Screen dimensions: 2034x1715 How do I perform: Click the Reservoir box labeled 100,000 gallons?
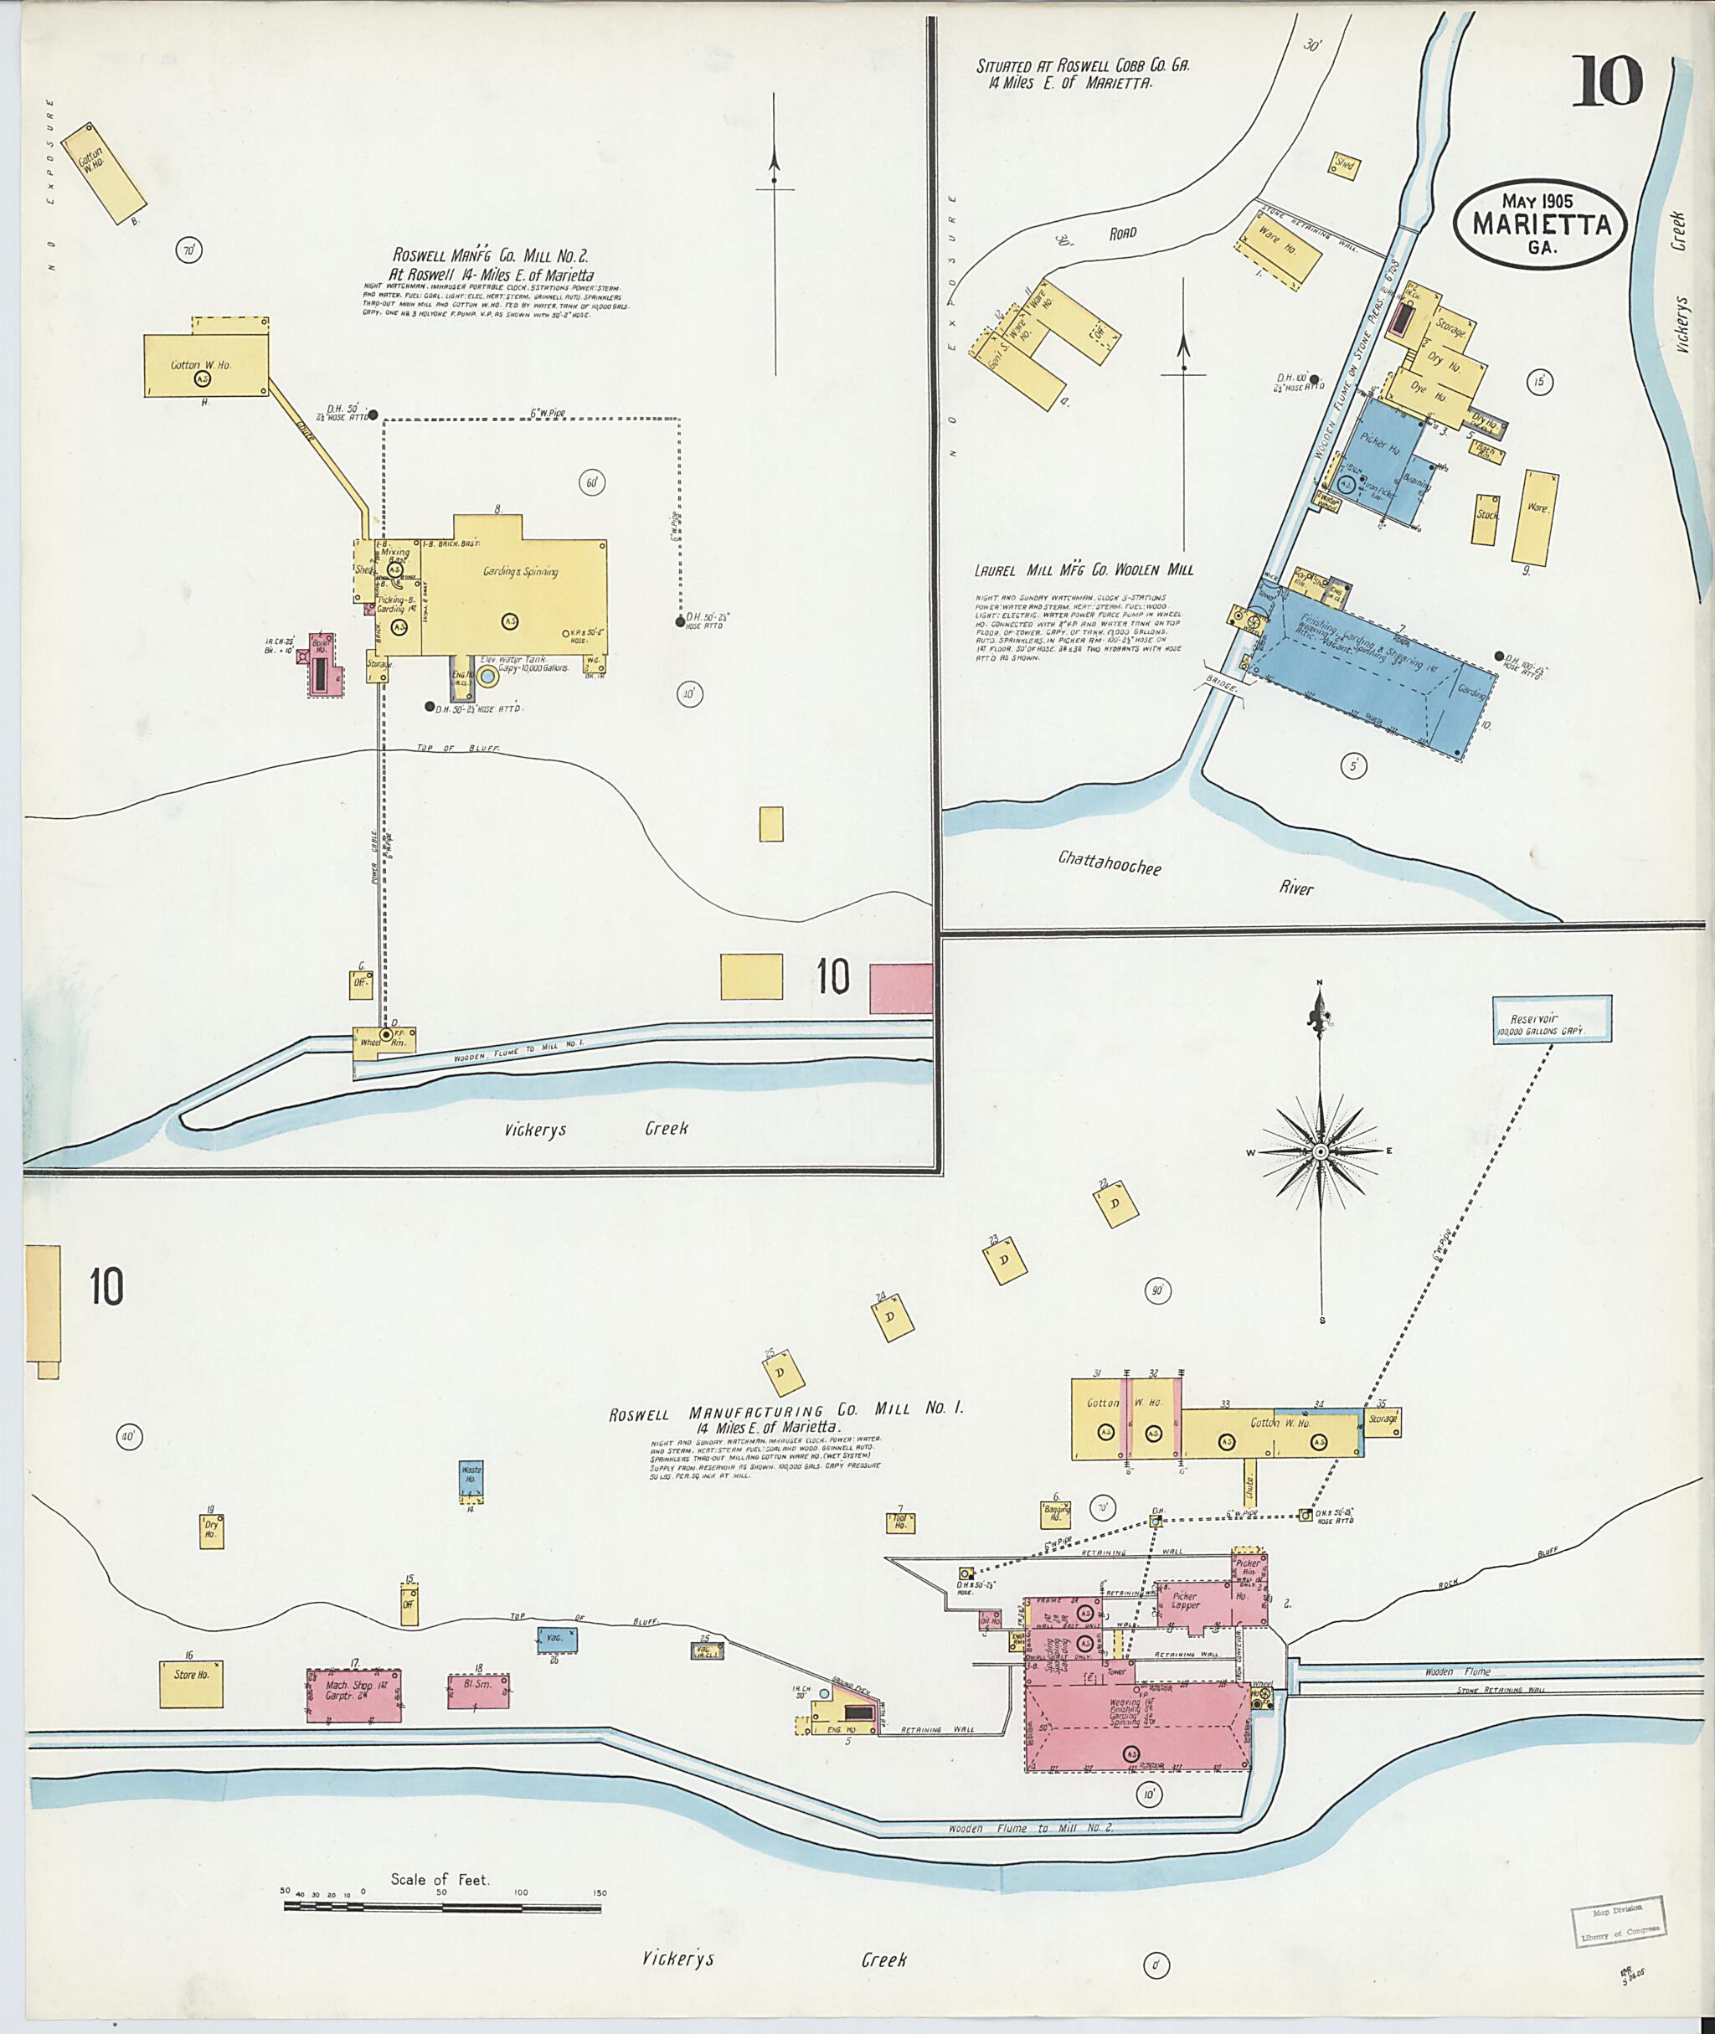point(1552,1020)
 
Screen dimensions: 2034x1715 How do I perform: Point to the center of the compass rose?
point(1321,1152)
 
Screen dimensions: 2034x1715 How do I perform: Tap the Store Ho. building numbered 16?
point(192,1683)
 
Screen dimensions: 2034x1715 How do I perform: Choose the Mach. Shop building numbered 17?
point(353,1695)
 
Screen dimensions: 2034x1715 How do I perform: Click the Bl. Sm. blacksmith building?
point(477,1692)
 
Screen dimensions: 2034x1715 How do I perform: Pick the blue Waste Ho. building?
point(471,1479)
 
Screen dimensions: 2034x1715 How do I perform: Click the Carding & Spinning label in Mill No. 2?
point(520,572)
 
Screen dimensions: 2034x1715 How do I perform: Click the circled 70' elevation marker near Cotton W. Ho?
point(188,251)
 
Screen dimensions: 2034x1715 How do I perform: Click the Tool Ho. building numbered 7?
point(899,1522)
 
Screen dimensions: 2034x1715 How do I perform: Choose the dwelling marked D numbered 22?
point(1115,1203)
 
